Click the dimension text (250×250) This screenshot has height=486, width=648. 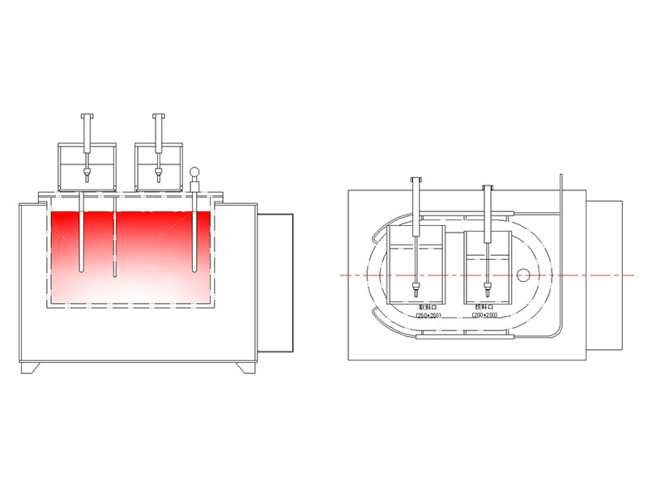(x=427, y=315)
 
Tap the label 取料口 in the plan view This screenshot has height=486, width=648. (x=427, y=308)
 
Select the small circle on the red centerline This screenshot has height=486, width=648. (x=523, y=275)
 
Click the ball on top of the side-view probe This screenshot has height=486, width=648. (x=194, y=171)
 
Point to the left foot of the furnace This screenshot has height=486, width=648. (x=29, y=369)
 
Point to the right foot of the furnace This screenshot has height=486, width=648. (x=245, y=369)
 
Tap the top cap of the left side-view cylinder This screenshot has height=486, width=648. (x=87, y=116)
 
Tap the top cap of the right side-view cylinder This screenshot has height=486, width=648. (x=160, y=116)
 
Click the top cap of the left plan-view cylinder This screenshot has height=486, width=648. (x=416, y=177)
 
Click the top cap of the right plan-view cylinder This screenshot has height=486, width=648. (x=487, y=186)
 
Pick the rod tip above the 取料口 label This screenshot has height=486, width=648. (x=416, y=286)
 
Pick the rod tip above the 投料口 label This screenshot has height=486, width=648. (x=487, y=286)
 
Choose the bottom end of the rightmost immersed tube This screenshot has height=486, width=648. (x=194, y=271)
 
